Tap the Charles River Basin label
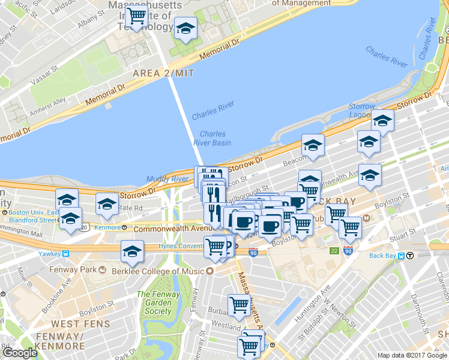tap(212, 139)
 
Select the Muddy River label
tap(167, 179)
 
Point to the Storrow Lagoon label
tap(362, 111)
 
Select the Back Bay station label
tap(384, 256)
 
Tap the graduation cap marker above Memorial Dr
tap(186, 28)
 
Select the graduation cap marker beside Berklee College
tap(131, 252)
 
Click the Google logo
tap(20, 353)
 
